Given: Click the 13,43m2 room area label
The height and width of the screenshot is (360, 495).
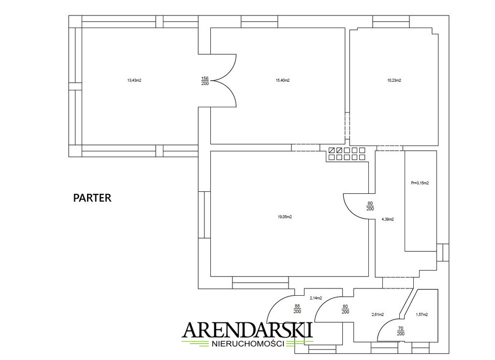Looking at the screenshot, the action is [134, 80].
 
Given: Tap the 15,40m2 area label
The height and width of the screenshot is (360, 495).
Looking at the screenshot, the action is [282, 80].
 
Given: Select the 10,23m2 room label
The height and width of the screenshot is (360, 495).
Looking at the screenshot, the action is [394, 80].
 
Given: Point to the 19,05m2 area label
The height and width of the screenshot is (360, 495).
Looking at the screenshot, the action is [284, 217].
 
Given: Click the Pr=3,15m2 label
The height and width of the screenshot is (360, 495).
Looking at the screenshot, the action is [420, 183].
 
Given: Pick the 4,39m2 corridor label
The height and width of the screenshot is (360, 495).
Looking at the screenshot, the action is [388, 219].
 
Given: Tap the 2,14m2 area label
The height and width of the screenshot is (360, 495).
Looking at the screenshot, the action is [316, 298].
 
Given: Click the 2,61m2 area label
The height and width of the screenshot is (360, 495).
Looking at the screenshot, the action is [378, 315].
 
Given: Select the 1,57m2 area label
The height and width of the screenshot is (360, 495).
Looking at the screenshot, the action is [422, 315].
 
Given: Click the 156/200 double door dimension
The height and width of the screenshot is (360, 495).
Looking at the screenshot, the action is [205, 81].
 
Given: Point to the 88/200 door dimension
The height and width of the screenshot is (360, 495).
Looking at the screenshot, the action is [297, 309].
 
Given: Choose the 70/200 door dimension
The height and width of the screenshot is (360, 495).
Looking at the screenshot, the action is [401, 331].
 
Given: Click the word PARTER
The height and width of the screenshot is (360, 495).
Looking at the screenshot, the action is [92, 198].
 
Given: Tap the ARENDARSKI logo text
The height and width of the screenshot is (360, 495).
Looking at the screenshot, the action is [247, 330].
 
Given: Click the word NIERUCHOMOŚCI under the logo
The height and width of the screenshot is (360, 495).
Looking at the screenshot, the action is [247, 344].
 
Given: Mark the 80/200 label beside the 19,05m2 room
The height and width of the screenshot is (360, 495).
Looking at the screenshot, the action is [370, 206].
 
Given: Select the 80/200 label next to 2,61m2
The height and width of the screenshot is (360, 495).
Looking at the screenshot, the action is [345, 309].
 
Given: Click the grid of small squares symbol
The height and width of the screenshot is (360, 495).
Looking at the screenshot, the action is [347, 154].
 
